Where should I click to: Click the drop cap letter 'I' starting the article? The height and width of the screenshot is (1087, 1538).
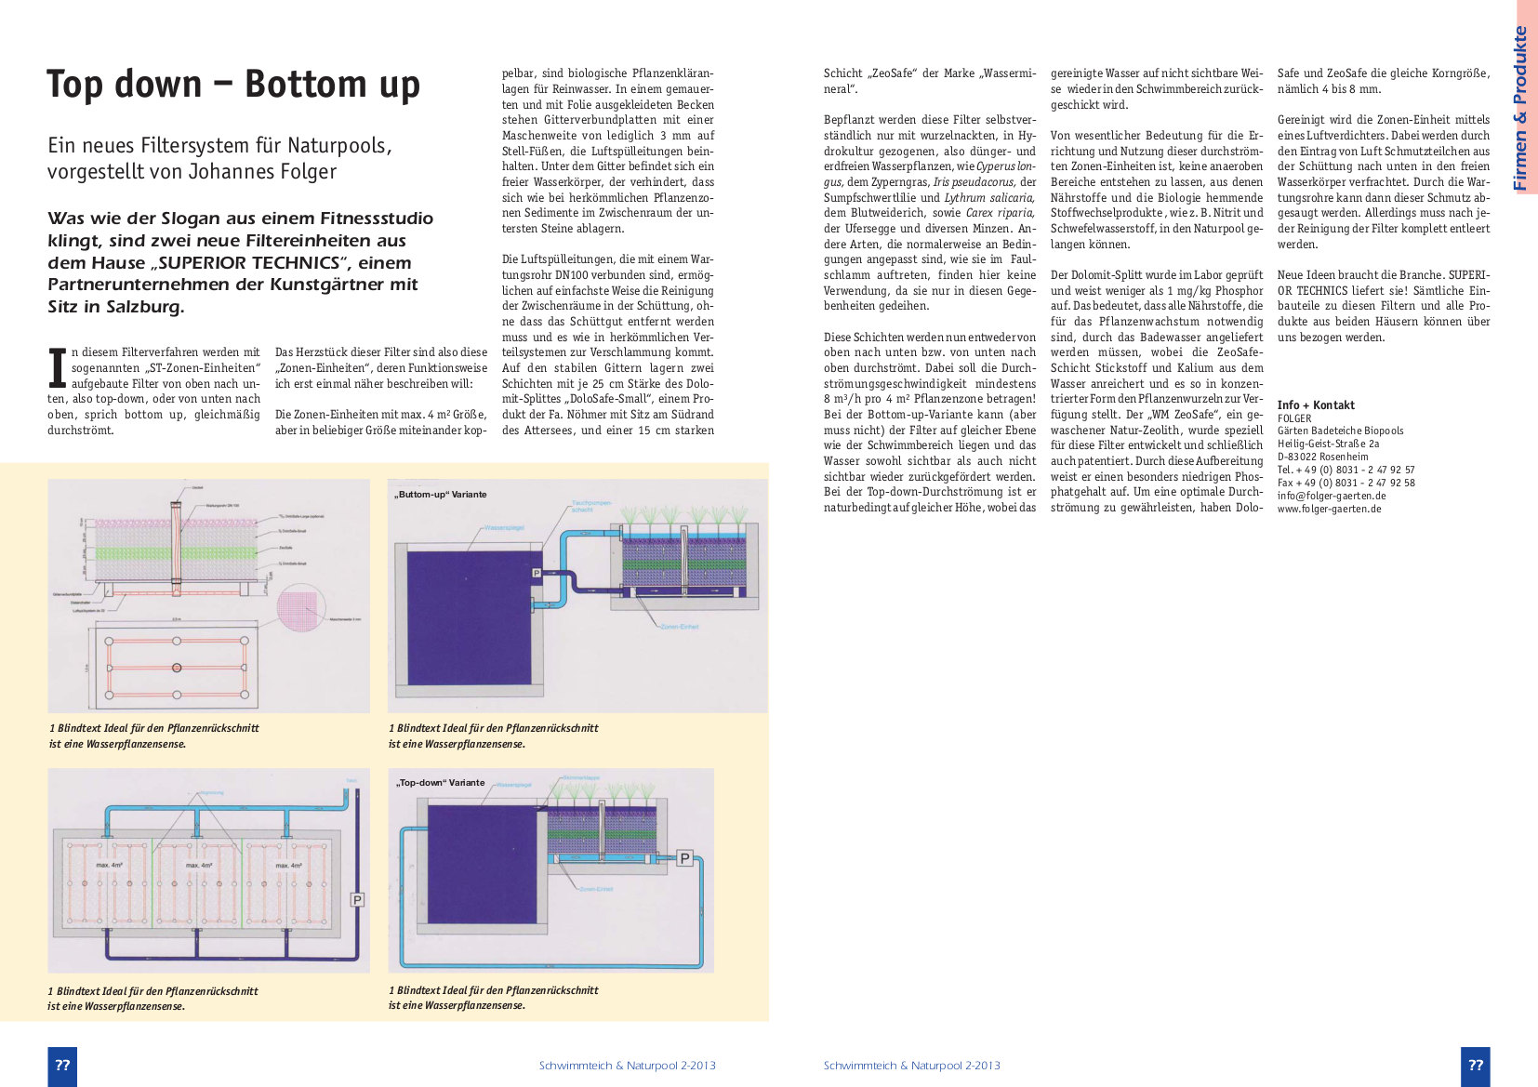click(57, 367)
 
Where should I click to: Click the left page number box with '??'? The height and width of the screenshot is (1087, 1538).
click(62, 1066)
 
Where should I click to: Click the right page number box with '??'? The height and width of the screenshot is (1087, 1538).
click(1475, 1066)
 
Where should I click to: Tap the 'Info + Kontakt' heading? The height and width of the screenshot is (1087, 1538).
click(1316, 404)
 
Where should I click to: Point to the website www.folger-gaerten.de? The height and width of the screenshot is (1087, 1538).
click(1329, 509)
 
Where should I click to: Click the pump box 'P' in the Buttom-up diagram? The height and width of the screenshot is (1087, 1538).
click(537, 574)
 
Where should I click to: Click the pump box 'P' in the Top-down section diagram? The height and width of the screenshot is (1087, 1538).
click(685, 858)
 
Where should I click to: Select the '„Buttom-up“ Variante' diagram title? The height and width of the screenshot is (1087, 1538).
click(441, 495)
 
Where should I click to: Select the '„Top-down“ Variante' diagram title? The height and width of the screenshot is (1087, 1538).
click(441, 783)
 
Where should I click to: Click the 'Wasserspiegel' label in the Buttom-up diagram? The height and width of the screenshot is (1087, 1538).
click(503, 527)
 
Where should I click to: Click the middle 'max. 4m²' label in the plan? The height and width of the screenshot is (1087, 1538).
click(199, 865)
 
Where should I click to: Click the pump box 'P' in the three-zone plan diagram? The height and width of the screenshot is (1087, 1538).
click(357, 899)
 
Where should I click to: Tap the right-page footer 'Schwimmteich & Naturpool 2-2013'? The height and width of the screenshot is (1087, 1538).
click(911, 1066)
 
